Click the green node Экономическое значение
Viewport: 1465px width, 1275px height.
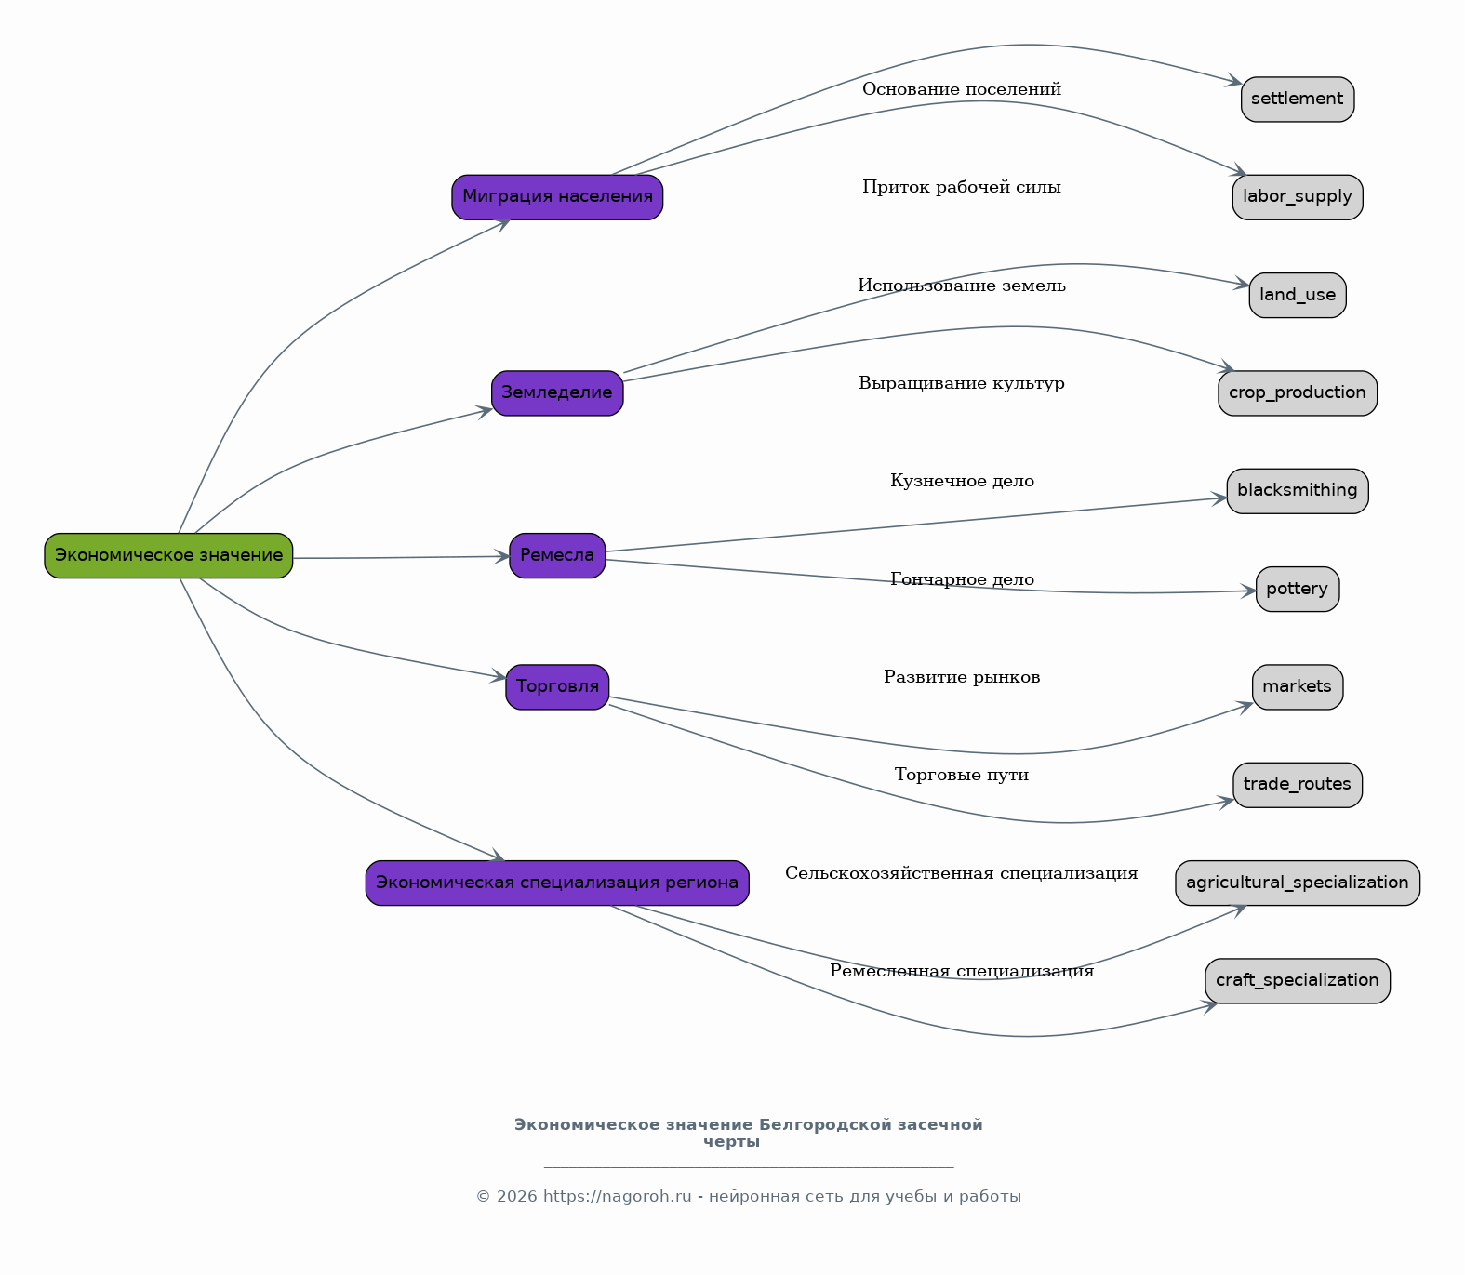tap(168, 556)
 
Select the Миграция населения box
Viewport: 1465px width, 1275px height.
tap(557, 197)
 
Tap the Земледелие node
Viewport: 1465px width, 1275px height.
tap(557, 393)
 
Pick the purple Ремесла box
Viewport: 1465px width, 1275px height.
tap(557, 556)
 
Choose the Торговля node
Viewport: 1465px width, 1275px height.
tap(557, 687)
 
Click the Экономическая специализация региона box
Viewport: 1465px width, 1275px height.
tap(557, 883)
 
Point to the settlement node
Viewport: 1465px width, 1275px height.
tap(1298, 100)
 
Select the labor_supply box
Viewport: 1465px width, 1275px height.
tap(1298, 197)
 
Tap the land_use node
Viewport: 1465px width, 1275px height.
tap(1298, 296)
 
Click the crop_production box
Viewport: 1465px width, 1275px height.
tap(1298, 393)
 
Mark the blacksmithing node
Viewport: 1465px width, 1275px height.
tap(1298, 491)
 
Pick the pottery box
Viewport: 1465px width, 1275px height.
tap(1298, 590)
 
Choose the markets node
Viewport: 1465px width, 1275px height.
tap(1298, 687)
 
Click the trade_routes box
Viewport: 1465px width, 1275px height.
tap(1298, 785)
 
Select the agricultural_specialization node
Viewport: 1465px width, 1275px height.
tap(1298, 883)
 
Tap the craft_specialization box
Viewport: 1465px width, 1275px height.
tap(1298, 981)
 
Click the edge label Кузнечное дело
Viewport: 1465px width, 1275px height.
tap(962, 482)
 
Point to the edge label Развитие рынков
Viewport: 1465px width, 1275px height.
tap(962, 677)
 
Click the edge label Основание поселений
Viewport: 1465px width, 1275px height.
tap(962, 89)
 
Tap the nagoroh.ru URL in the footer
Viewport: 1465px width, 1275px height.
tap(618, 1197)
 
